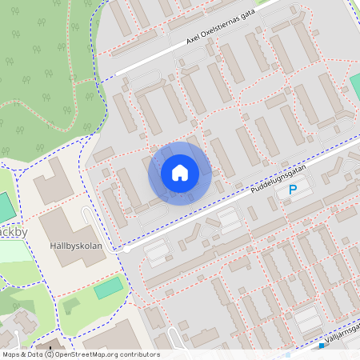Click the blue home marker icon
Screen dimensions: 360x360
pyautogui.click(x=180, y=173)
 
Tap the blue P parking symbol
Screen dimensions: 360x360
pyautogui.click(x=293, y=190)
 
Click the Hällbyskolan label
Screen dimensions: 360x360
pyautogui.click(x=75, y=246)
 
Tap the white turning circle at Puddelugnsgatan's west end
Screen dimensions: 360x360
pyautogui.click(x=126, y=250)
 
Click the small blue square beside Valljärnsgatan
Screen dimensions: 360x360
pyautogui.click(x=321, y=347)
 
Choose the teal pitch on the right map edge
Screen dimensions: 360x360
pyautogui.click(x=354, y=82)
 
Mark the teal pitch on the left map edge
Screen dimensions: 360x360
pyautogui.click(x=6, y=207)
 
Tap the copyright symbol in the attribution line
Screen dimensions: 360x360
pyautogui.click(x=49, y=354)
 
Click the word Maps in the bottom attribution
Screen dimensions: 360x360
pyautogui.click(x=11, y=354)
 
